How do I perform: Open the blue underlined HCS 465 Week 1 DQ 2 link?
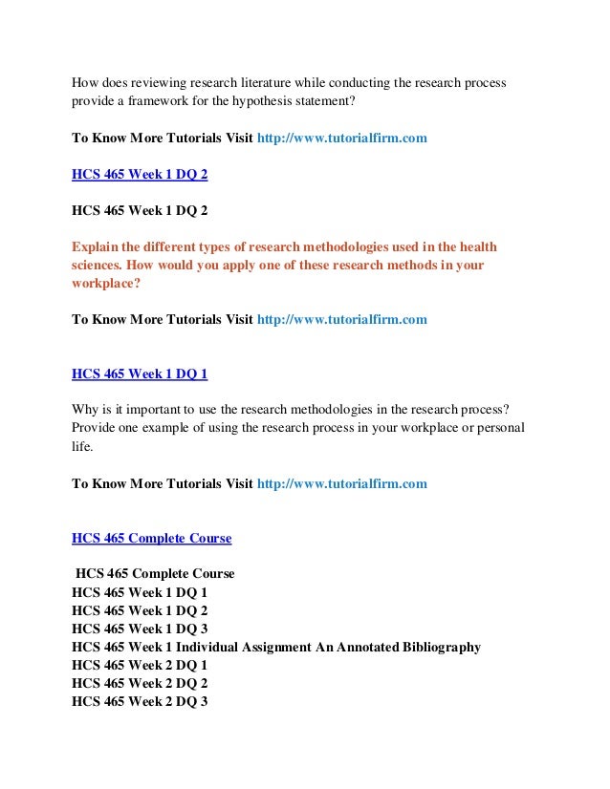pos(140,175)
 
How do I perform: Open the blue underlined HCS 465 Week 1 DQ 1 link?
pos(140,373)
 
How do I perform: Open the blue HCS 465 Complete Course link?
pos(151,538)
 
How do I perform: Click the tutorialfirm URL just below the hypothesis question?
pos(342,138)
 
